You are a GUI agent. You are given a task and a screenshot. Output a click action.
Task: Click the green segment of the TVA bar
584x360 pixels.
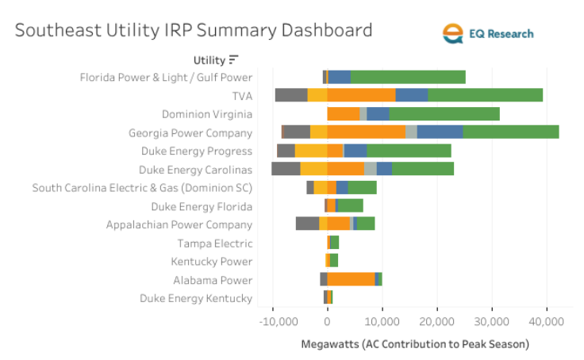pos(485,95)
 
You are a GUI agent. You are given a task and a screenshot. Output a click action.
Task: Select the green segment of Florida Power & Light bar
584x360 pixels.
pos(407,77)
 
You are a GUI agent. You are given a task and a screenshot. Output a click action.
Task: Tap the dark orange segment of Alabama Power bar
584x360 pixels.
pos(351,279)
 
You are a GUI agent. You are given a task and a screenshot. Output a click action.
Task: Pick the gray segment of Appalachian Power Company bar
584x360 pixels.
pos(307,224)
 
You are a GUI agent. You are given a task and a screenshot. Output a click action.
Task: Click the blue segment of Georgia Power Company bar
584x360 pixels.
pos(440,132)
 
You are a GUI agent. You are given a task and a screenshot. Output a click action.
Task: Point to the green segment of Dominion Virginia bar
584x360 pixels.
pos(444,113)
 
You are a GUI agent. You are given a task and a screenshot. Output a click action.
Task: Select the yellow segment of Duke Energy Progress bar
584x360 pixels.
pos(310,151)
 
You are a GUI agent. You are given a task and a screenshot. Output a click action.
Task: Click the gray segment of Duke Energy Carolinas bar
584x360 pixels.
pos(286,169)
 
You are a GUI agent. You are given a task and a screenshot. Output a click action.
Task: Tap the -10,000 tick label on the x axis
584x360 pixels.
pos(273,322)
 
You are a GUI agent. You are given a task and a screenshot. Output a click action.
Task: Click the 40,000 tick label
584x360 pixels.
pos(547,322)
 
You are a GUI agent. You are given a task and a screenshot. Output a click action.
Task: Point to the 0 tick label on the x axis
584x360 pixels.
pos(327,322)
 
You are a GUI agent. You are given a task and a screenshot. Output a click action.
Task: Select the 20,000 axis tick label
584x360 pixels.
pos(437,322)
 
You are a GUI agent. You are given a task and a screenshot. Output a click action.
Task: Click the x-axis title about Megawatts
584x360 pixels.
pos(415,344)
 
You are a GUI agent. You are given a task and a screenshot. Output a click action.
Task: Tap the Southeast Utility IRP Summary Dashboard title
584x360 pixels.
pos(194,31)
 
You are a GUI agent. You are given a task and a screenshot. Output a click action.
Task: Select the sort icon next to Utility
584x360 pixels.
pos(233,59)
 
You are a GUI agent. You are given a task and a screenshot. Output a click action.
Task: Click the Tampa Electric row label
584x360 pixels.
pos(214,243)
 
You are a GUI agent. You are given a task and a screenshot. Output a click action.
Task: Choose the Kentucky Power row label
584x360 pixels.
pos(211,262)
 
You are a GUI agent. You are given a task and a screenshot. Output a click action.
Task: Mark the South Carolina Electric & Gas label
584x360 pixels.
pos(142,188)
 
